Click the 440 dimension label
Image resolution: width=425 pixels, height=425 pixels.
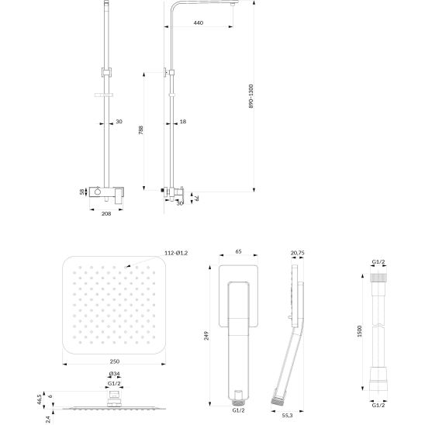pos(199,22)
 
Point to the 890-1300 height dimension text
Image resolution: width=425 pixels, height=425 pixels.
pos(251,96)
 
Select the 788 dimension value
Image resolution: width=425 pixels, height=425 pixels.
pos(140,130)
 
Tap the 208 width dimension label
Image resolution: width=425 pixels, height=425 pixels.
pos(106,213)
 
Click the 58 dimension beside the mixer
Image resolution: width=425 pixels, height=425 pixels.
pos(82,192)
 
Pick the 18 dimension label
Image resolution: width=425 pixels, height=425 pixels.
pos(183,122)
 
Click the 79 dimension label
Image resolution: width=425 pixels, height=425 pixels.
pos(197,199)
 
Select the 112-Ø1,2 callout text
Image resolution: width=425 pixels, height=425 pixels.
pos(176,253)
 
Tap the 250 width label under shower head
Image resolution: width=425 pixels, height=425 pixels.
pos(114,361)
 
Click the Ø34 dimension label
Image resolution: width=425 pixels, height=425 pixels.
pos(114,374)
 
